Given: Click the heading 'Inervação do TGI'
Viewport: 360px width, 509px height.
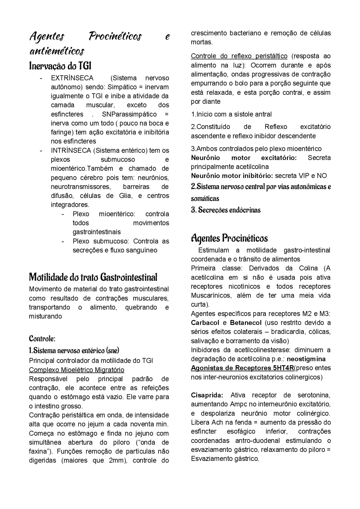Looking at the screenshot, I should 60,66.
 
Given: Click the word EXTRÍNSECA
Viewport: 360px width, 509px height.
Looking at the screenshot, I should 72,78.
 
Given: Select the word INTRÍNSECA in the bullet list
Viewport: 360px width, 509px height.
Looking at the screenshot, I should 71,150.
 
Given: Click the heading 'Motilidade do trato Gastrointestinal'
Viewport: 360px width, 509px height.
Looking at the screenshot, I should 93,277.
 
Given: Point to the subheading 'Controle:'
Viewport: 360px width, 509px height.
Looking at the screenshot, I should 42,338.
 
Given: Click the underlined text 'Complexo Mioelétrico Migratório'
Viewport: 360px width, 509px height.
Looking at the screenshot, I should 76,370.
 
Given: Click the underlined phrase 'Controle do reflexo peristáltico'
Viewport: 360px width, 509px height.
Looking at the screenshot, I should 239,56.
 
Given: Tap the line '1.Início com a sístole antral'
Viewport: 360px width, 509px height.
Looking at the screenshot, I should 231,114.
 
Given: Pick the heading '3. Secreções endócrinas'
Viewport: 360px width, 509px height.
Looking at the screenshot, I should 226,210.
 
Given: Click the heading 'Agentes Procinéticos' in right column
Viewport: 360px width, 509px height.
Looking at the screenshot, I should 229,238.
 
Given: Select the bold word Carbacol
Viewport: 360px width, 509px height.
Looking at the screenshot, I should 205,323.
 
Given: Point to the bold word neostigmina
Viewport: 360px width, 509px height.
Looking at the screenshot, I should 306,359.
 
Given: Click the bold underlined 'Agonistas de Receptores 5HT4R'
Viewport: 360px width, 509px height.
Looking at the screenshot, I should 242,368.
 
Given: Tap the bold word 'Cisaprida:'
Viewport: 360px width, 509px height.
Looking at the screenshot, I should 207,395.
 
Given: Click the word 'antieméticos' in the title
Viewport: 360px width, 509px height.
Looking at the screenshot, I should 57,51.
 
